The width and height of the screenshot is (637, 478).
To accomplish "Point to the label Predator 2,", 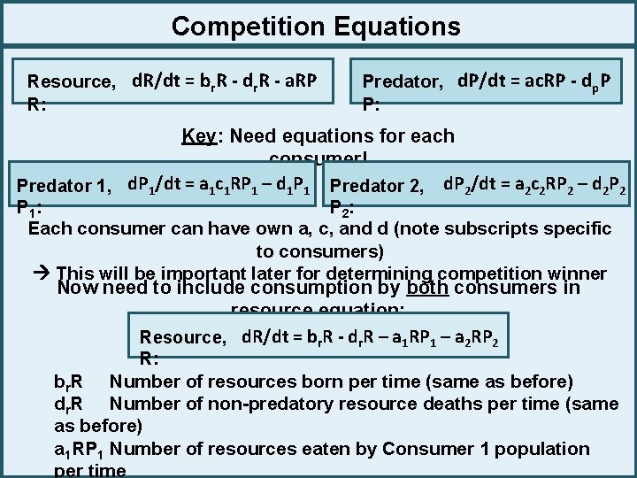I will (x=376, y=186).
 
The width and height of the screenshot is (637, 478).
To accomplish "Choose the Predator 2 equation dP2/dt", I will (x=534, y=185).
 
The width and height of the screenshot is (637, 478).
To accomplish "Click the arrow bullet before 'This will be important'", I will (x=42, y=274).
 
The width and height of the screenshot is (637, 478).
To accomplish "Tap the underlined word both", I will (x=428, y=288).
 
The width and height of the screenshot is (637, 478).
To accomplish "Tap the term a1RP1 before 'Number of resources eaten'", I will (x=80, y=449).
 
